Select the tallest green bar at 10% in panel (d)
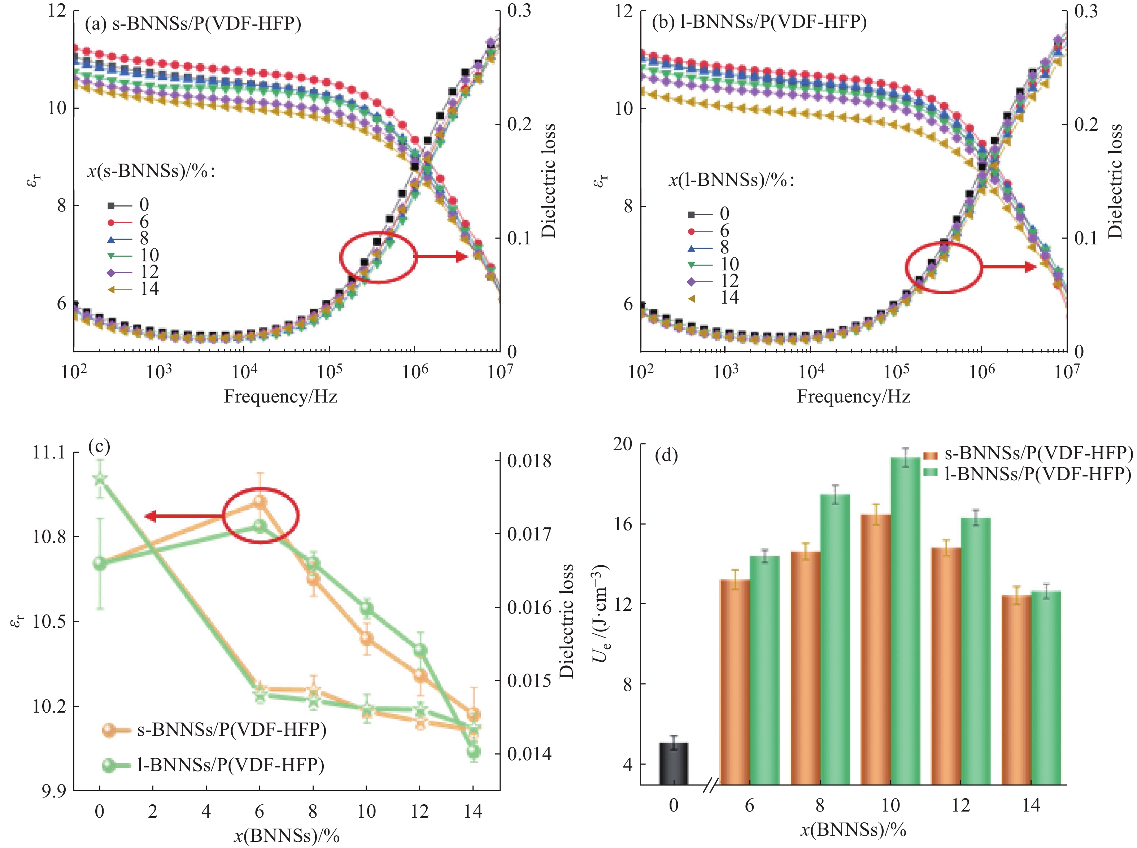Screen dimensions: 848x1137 point(905,621)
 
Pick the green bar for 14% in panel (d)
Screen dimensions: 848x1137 point(1046,688)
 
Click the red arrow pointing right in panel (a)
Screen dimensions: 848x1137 point(441,257)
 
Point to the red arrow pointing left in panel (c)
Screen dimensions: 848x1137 point(185,516)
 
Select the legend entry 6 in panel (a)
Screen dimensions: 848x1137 point(128,222)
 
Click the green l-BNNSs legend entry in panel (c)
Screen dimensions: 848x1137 point(213,765)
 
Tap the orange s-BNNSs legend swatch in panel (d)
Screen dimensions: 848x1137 point(930,455)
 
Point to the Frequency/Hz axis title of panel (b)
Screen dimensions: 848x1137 point(853,396)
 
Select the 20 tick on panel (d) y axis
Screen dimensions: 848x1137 point(623,444)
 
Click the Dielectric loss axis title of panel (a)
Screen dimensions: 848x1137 point(549,181)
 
